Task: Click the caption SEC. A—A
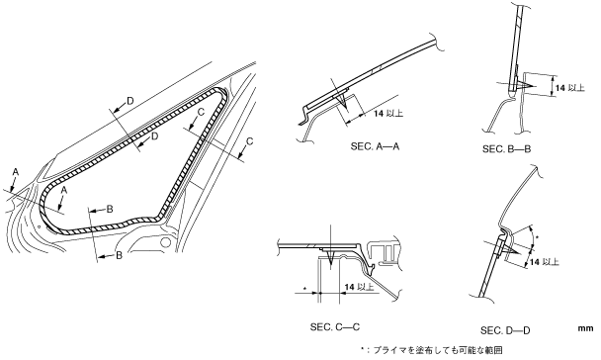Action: [x=375, y=146]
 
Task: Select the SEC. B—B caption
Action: [x=506, y=148]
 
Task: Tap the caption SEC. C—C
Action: [x=335, y=327]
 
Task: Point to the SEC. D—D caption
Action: [x=505, y=330]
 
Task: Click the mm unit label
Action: [x=585, y=328]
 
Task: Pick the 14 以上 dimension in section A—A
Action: [x=388, y=114]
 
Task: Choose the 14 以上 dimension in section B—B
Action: [x=570, y=88]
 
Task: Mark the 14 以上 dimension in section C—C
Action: [x=359, y=287]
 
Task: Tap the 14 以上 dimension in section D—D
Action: [x=545, y=262]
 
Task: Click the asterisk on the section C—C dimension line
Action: [x=304, y=288]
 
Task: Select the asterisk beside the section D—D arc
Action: [x=537, y=238]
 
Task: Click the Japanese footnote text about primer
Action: [x=432, y=350]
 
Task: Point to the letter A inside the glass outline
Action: [x=64, y=190]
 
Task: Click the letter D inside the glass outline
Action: [x=154, y=136]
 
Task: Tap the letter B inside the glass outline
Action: [x=110, y=209]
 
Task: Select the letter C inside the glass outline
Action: [x=202, y=112]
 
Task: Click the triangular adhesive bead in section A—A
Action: [x=342, y=100]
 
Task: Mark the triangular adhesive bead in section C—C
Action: [x=329, y=256]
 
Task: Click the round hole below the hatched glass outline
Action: [x=165, y=242]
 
